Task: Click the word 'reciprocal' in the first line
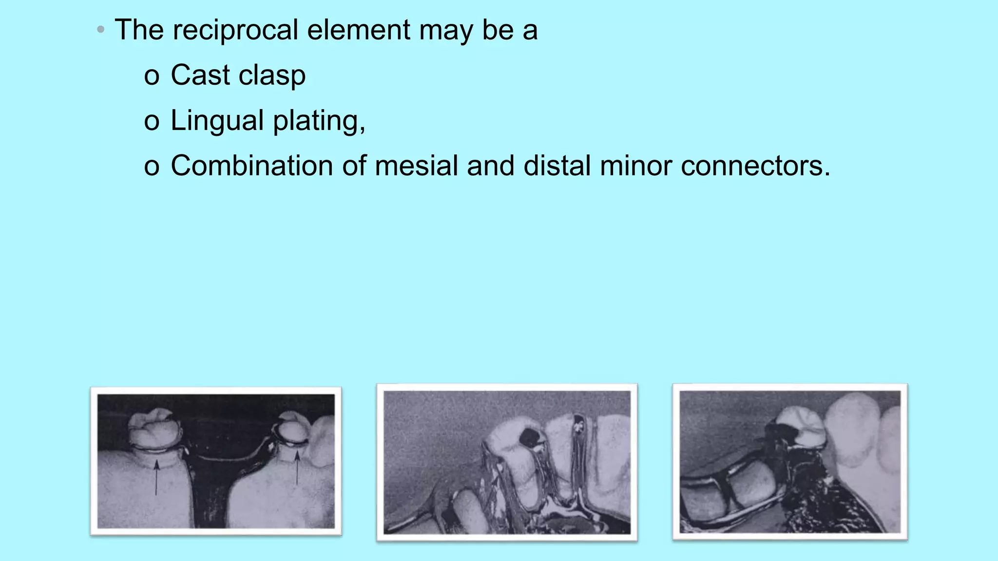(x=235, y=30)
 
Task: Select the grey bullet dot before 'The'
(x=101, y=30)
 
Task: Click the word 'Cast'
(x=200, y=75)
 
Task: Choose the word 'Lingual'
(x=217, y=121)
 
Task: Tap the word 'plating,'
(x=319, y=121)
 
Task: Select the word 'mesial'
(x=416, y=166)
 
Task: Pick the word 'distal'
(x=557, y=166)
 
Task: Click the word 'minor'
(x=636, y=166)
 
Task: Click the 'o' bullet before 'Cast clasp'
(x=152, y=77)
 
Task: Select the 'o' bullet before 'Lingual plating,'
(x=152, y=122)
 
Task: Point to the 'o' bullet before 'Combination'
(x=152, y=167)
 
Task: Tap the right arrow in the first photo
(x=297, y=467)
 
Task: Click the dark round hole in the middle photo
(x=528, y=436)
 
